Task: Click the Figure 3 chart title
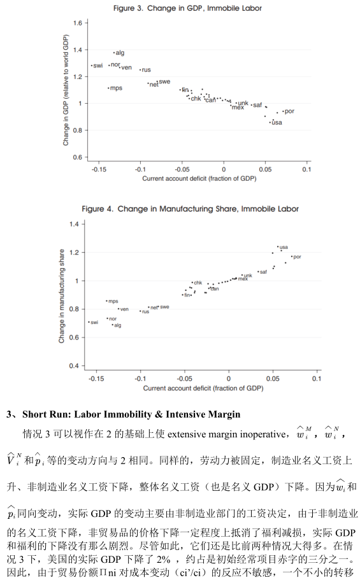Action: (x=187, y=8)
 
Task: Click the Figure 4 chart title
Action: (x=190, y=209)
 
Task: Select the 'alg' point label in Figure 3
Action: (x=120, y=53)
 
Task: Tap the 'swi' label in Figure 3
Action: (x=98, y=66)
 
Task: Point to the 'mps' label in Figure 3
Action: (x=117, y=88)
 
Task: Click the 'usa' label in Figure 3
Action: (x=277, y=122)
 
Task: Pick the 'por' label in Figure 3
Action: (x=290, y=111)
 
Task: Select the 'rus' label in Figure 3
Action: (x=147, y=69)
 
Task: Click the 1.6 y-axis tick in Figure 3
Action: (x=77, y=23)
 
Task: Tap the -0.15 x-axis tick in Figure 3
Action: (x=99, y=169)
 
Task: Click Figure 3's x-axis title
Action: (x=199, y=178)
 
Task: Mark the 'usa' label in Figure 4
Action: (x=284, y=247)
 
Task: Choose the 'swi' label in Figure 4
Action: (x=94, y=323)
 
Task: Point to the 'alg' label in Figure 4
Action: (x=118, y=325)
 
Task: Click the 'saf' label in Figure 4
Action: (x=263, y=272)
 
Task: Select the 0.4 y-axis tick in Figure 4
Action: (x=75, y=366)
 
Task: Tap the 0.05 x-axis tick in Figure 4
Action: (x=273, y=379)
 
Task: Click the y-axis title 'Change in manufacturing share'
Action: (x=62, y=296)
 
